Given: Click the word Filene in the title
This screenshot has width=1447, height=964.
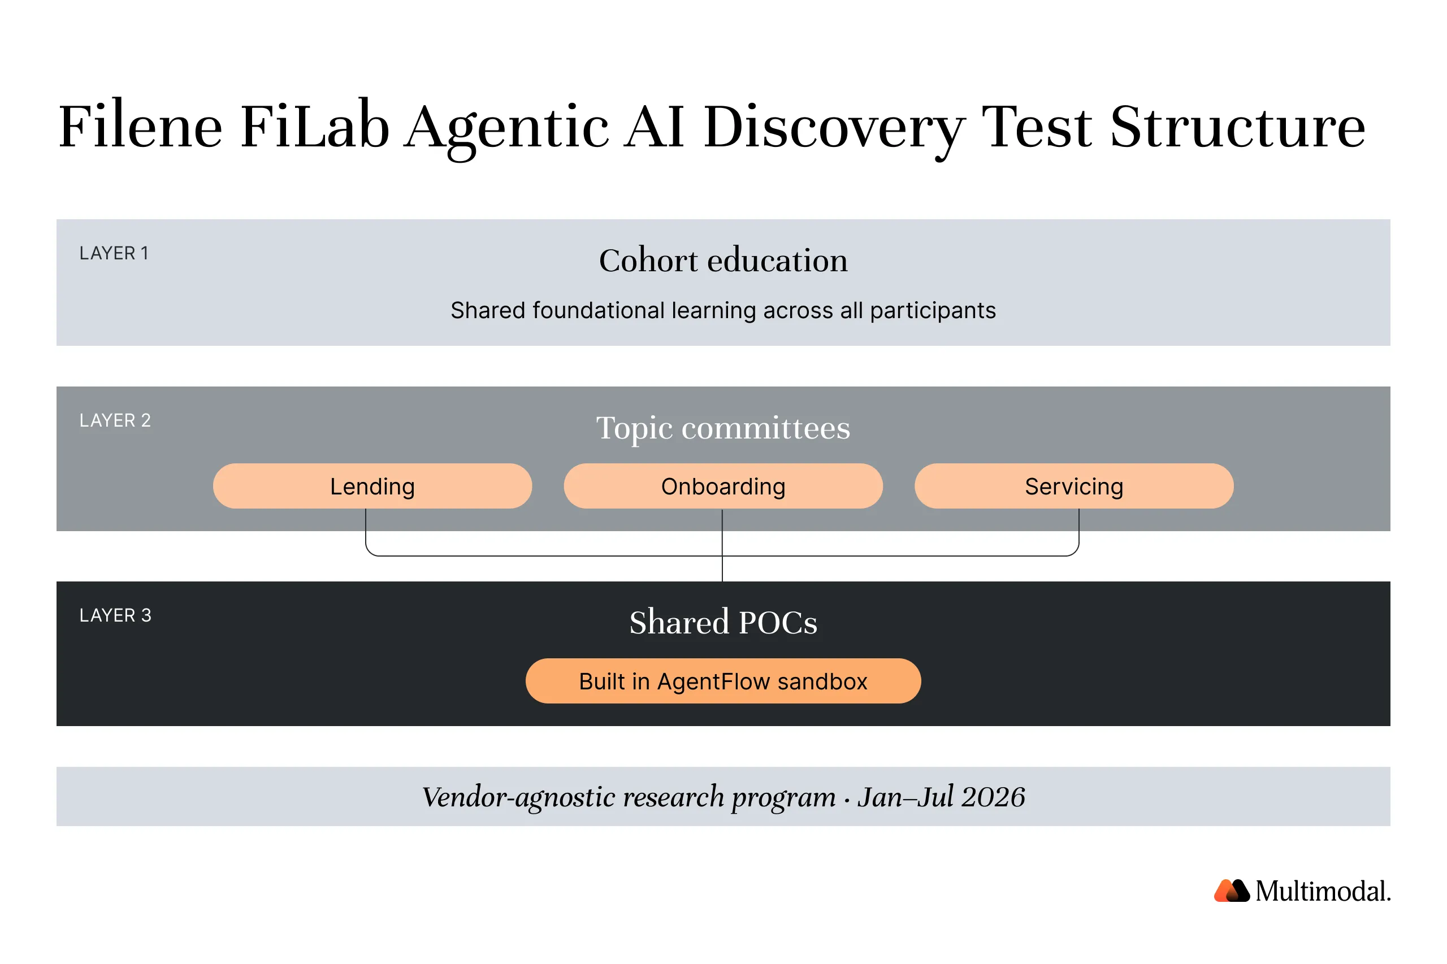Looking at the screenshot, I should pyautogui.click(x=140, y=127).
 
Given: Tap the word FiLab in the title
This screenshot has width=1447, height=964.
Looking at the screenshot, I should pyautogui.click(x=314, y=127).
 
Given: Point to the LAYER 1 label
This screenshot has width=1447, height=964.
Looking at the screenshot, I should pyautogui.click(x=114, y=253).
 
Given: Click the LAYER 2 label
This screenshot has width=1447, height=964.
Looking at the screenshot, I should pyautogui.click(x=115, y=420).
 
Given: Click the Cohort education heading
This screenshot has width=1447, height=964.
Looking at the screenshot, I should pyautogui.click(x=723, y=260).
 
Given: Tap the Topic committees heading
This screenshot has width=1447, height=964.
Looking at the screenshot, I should pyautogui.click(x=723, y=428).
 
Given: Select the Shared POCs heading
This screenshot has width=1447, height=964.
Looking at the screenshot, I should pyautogui.click(x=723, y=622).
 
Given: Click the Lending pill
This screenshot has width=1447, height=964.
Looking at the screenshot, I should pyautogui.click(x=372, y=487).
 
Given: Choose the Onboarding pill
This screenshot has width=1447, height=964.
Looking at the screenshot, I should pyautogui.click(x=723, y=487).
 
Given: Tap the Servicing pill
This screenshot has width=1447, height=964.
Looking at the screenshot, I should pyautogui.click(x=1074, y=487).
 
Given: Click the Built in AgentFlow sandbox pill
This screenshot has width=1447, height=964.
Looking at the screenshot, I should pyautogui.click(x=723, y=681).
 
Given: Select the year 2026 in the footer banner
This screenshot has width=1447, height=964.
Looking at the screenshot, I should pyautogui.click(x=993, y=797).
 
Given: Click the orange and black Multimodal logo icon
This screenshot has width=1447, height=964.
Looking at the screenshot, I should pyautogui.click(x=1231, y=891).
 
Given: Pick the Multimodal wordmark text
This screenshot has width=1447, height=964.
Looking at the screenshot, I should pyautogui.click(x=1323, y=892).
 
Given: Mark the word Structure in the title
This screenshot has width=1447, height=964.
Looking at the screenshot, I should pyautogui.click(x=1237, y=127).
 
